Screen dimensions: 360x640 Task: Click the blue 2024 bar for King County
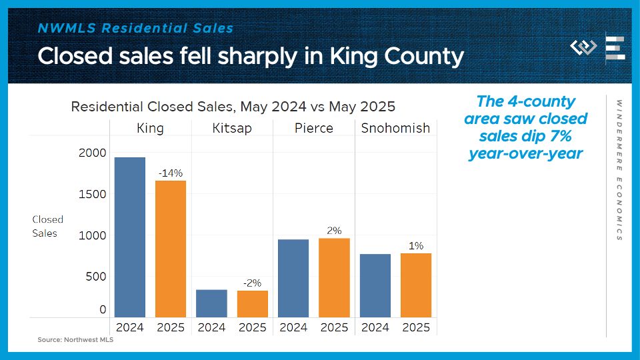click(130, 237)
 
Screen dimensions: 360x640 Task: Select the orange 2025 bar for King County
click(171, 249)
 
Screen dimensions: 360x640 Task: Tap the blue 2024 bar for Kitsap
click(211, 303)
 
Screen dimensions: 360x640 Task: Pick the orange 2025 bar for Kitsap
click(253, 304)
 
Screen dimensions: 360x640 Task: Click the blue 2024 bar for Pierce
click(293, 278)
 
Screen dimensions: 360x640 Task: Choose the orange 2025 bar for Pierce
click(334, 277)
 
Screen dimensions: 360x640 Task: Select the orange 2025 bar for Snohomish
click(416, 285)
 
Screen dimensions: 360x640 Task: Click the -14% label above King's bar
click(171, 173)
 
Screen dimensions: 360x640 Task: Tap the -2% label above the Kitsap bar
click(252, 283)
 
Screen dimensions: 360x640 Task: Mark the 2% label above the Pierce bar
click(334, 230)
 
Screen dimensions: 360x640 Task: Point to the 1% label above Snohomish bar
click(416, 245)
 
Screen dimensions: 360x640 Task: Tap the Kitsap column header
click(232, 128)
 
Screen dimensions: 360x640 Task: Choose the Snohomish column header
click(395, 128)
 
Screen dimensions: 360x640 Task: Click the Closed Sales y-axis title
click(47, 226)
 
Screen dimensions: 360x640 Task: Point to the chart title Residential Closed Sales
click(233, 106)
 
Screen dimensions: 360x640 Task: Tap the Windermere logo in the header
click(584, 48)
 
